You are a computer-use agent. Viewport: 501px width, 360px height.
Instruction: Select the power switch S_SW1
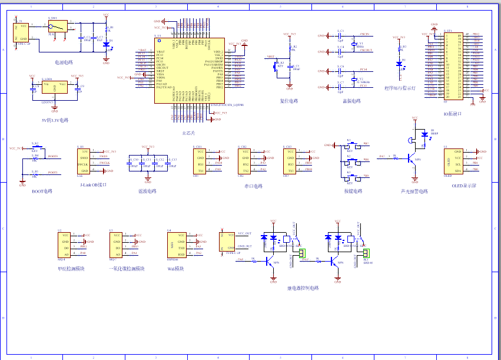(x=57, y=27)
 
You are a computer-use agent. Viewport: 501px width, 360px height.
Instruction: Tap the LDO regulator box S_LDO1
(x=54, y=86)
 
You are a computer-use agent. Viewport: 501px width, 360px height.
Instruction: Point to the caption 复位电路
(x=288, y=101)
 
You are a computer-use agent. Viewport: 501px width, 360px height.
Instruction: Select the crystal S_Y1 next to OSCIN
(x=354, y=44)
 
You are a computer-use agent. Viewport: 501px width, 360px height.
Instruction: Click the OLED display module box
(x=454, y=161)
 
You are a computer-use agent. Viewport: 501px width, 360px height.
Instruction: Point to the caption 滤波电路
(x=147, y=191)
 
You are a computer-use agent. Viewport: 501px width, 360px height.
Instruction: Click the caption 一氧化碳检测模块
(x=127, y=269)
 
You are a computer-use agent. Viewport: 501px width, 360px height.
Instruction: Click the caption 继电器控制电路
(x=303, y=288)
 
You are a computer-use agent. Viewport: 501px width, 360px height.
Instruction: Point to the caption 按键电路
(x=353, y=191)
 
